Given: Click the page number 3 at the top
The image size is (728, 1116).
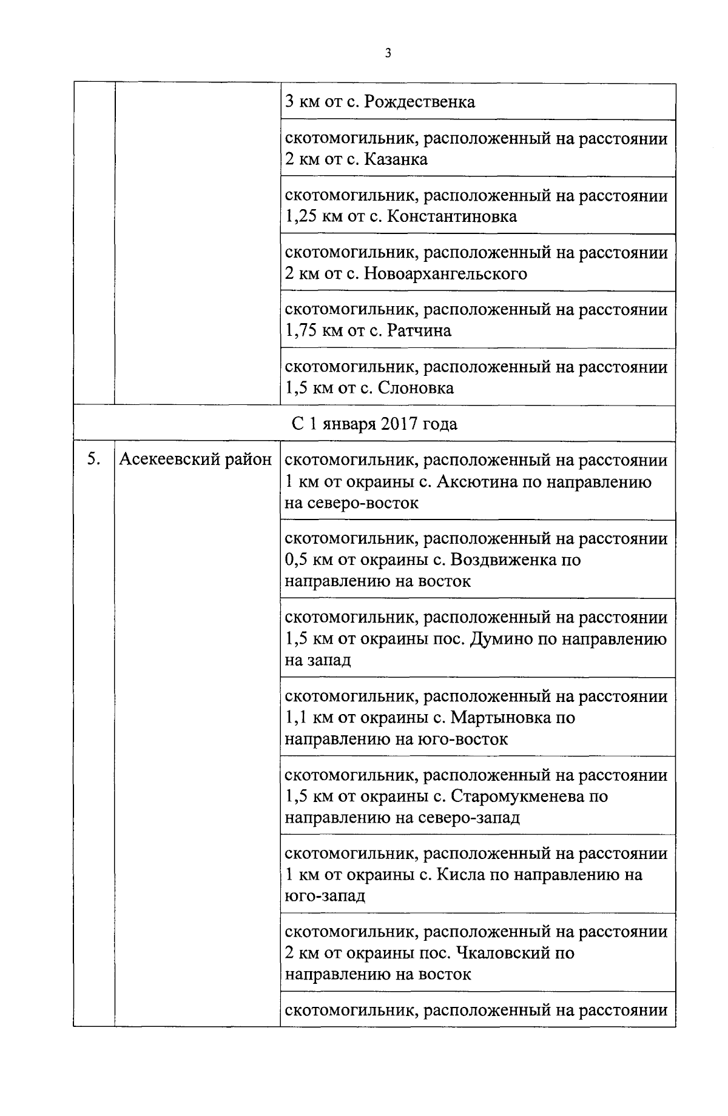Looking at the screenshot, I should point(388,53).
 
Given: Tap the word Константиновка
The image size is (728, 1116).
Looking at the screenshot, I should point(451,216).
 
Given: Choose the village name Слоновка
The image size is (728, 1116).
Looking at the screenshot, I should point(416,388).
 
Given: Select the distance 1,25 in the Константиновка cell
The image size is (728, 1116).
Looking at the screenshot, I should point(302,216).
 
